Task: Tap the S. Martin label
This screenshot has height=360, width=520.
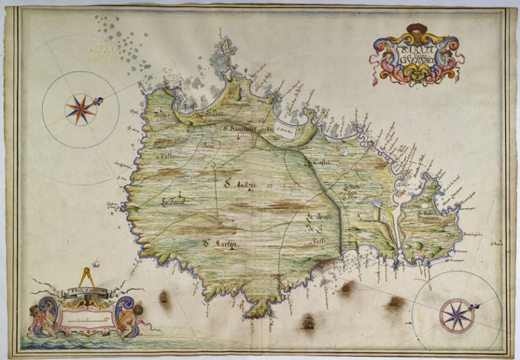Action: point(220,244)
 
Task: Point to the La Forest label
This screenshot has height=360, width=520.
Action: point(174,201)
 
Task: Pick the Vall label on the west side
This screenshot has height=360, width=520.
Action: point(167,156)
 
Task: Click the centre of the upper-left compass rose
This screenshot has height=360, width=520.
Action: point(80,109)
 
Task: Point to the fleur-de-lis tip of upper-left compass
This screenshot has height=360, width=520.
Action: point(99,101)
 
